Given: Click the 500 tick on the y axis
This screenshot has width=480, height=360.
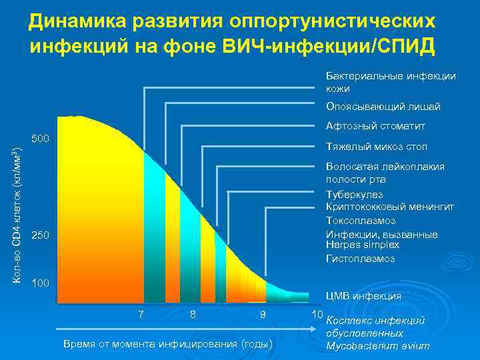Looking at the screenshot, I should tap(41, 139).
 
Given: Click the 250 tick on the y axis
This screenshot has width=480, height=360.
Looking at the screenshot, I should tap(41, 237).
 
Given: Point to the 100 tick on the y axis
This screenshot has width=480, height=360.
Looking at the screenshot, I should tap(41, 283).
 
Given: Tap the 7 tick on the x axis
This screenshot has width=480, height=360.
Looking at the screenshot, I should tap(141, 314).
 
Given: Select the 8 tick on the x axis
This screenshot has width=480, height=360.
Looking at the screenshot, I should tap(193, 314).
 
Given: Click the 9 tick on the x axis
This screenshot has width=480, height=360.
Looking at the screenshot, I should tap(263, 314).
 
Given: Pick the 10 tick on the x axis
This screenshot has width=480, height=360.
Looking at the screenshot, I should tap(317, 314).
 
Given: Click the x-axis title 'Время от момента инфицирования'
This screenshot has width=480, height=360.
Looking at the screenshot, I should tap(167, 344).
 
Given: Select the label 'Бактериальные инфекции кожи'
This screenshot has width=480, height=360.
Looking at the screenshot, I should tap(390, 82).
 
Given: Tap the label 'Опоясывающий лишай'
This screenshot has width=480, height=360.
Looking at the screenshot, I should tap(383, 107).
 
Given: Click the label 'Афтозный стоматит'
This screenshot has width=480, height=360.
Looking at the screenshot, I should tap(375, 126).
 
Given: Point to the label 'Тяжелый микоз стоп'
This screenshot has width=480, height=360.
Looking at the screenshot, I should tap(376, 147).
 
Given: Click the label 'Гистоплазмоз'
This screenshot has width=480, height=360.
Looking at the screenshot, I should tap(360, 258).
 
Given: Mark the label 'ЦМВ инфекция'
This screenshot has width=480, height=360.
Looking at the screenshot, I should tap(363, 296).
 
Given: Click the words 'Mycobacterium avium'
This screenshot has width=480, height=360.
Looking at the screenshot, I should tap(377, 346).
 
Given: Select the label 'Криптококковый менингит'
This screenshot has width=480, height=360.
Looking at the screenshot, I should tap(389, 207).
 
